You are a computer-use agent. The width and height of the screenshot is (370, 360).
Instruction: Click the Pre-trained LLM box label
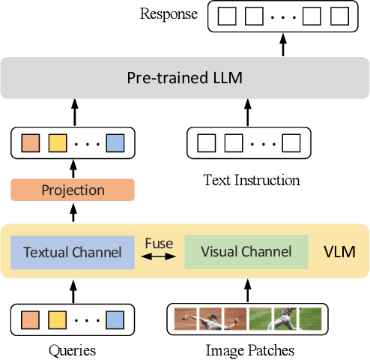point(185,78)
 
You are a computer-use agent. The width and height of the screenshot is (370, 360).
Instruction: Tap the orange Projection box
point(73,190)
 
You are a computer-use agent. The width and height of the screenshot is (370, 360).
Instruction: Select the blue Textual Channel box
point(73,252)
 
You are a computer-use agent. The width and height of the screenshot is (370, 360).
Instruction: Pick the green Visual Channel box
point(246,252)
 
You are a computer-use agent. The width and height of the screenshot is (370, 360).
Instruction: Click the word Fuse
point(159,244)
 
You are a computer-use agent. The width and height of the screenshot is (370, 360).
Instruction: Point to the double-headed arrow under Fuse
point(159,257)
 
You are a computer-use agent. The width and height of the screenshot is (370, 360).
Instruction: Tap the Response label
point(169,13)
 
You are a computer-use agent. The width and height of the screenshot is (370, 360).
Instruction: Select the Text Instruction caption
point(252,180)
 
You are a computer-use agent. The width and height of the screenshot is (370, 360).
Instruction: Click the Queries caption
point(72,350)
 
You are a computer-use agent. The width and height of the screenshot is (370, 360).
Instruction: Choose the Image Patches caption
point(249,350)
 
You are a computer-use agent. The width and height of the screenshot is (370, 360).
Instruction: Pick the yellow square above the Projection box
point(57,142)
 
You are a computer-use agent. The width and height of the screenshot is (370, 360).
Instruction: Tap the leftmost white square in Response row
point(228,16)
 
